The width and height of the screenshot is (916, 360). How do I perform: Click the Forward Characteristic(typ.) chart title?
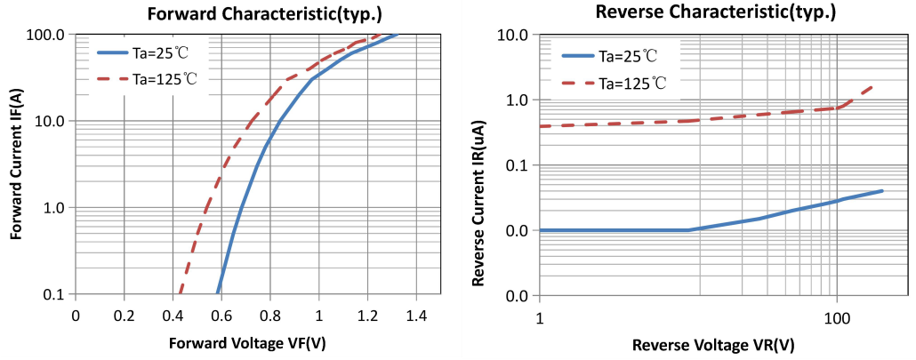click(x=254, y=12)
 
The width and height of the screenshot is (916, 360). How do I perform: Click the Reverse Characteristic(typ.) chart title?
click(x=720, y=12)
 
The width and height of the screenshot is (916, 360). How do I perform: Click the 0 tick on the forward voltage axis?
click(x=76, y=315)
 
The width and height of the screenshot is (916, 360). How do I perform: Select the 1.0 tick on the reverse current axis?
click(x=517, y=100)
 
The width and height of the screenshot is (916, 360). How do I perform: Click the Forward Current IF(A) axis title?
click(x=16, y=164)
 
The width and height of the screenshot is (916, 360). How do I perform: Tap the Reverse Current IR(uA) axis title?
click(x=478, y=164)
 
